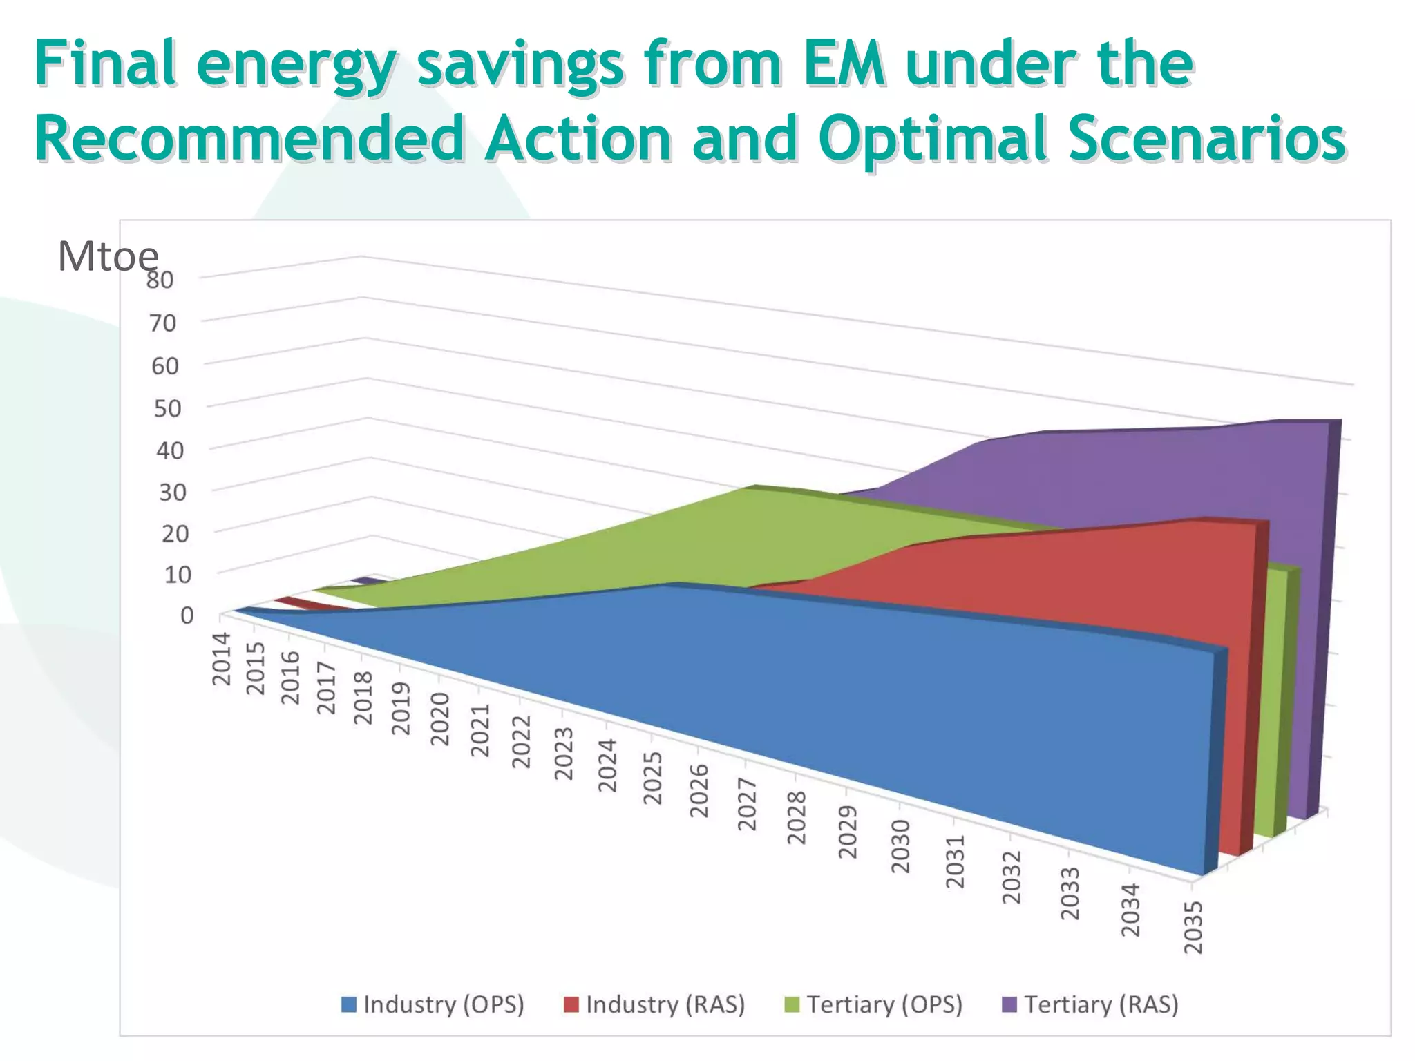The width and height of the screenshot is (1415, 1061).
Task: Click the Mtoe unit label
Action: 108,256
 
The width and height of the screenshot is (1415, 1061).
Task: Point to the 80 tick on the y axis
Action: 160,280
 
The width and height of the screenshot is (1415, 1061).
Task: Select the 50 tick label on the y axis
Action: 167,408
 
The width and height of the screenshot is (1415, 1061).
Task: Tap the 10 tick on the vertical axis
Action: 178,574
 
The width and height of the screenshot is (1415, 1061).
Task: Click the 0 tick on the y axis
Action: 187,615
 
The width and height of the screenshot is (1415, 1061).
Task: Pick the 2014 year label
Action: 221,659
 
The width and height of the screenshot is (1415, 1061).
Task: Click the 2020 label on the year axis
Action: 440,720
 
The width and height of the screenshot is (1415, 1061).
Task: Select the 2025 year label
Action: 653,778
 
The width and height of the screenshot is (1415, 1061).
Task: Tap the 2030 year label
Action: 901,847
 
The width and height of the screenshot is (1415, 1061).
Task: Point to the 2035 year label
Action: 1194,928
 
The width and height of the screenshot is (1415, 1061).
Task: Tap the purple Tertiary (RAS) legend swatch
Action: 1009,1004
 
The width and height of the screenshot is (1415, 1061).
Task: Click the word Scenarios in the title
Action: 1206,137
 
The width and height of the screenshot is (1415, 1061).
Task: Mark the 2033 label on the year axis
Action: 1070,894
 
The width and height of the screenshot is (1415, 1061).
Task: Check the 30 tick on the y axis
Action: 173,493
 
